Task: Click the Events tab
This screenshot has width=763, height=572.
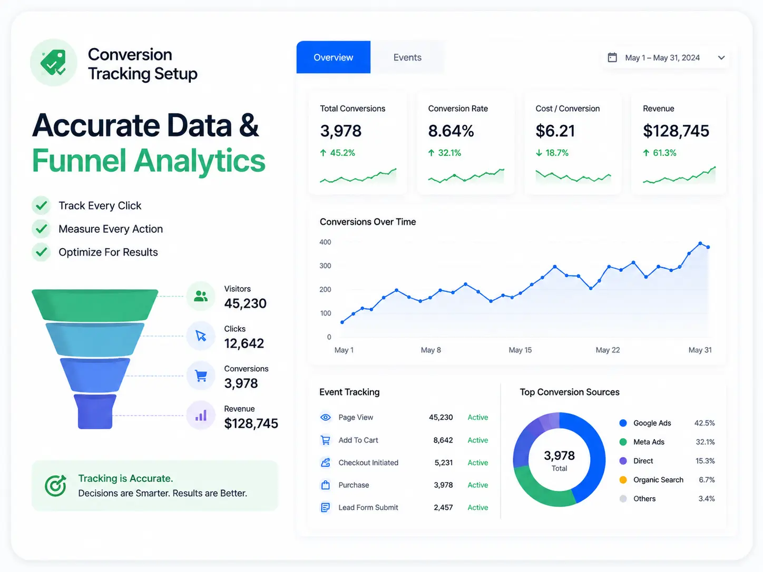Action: coord(407,57)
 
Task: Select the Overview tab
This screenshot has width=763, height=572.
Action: coord(334,57)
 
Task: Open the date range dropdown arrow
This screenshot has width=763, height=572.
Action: coord(721,57)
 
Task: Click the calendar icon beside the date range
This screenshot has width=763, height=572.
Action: coord(612,57)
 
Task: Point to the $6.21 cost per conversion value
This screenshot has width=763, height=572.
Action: coord(555,131)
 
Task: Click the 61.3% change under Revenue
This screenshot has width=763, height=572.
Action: coord(659,153)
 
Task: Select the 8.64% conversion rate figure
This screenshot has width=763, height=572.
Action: coord(451,131)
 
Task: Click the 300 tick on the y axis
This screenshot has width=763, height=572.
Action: coord(325,265)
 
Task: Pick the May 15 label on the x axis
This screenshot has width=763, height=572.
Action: coord(520,350)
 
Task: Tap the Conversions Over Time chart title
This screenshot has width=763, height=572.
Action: coord(367,222)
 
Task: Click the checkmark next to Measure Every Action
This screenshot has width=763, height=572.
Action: coord(42,229)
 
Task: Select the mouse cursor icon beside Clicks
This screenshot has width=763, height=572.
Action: coord(201,336)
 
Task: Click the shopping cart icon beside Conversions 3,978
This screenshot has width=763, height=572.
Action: coord(201,376)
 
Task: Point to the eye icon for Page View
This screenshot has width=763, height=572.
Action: coord(325,417)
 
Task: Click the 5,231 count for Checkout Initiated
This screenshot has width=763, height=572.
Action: coord(444,462)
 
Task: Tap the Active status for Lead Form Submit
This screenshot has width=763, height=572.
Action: coord(477,507)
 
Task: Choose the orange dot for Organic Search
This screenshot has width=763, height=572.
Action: coord(623,480)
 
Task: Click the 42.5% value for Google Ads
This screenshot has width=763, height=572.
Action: coord(705,423)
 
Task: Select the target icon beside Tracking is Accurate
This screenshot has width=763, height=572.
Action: coord(56,485)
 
